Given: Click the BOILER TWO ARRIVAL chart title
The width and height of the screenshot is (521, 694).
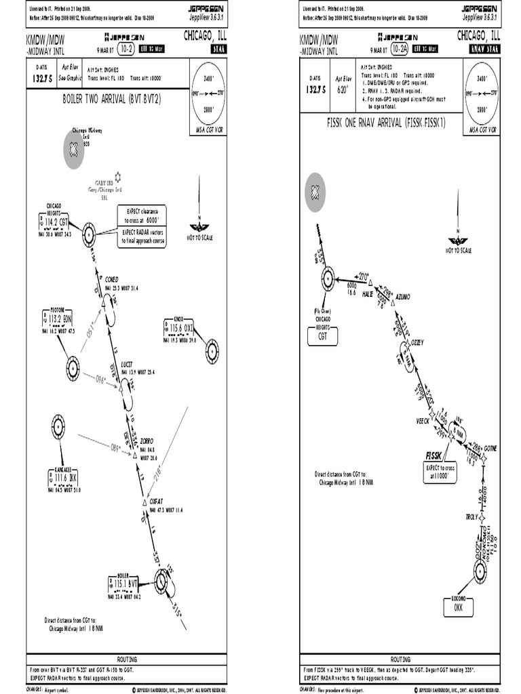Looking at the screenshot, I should click(x=112, y=99).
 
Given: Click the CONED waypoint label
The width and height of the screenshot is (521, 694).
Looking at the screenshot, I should click(x=112, y=279).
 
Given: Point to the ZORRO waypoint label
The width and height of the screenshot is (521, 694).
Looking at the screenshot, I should click(x=147, y=440).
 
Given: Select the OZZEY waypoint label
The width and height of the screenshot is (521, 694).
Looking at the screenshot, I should click(x=417, y=343).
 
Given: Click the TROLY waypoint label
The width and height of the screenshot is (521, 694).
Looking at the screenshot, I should click(x=471, y=516).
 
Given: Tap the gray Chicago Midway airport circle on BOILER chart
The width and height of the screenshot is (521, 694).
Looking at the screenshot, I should click(x=74, y=151).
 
